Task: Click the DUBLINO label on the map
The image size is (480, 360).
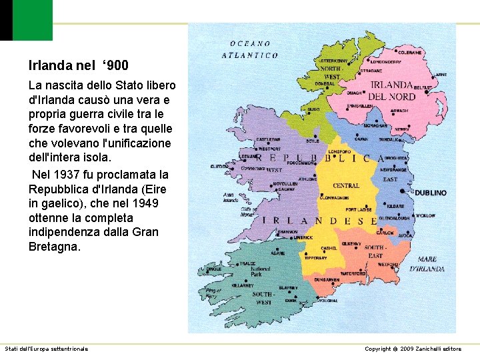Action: coord(430,193)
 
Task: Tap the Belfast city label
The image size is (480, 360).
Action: coord(423,87)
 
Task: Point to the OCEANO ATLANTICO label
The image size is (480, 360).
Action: coord(250,49)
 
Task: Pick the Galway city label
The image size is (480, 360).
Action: coord(287,189)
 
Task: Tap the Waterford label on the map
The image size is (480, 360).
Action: coord(353,273)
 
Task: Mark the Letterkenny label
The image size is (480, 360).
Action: coord(331,61)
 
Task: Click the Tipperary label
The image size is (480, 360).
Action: coord(316,258)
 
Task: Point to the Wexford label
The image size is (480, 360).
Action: coord(388,265)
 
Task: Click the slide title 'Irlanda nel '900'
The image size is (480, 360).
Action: coord(79,65)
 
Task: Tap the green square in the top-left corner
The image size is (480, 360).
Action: coord(32,20)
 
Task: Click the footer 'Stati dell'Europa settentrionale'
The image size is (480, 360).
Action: coord(47,349)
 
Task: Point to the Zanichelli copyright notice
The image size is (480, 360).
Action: coord(413,349)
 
